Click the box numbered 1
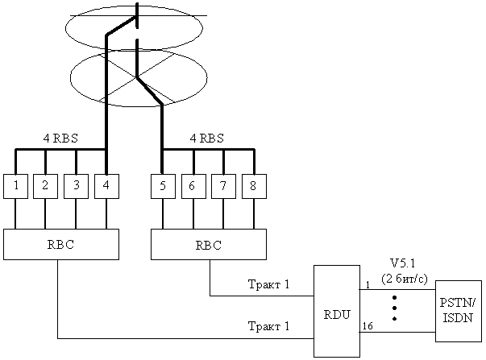click(x=16, y=186)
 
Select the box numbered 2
click(x=46, y=186)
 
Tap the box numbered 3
click(x=76, y=186)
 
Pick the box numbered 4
click(x=106, y=186)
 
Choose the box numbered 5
click(x=164, y=186)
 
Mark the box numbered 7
click(x=224, y=186)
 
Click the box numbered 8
click(x=253, y=186)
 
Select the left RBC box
click(x=60, y=244)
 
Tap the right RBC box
click(x=209, y=244)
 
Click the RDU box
click(x=336, y=311)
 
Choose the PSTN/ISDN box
click(x=458, y=312)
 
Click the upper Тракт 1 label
click(x=268, y=286)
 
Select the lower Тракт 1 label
click(x=268, y=327)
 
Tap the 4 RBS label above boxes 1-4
click(x=60, y=138)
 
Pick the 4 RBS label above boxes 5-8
click(x=206, y=138)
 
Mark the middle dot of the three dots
click(x=395, y=308)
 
